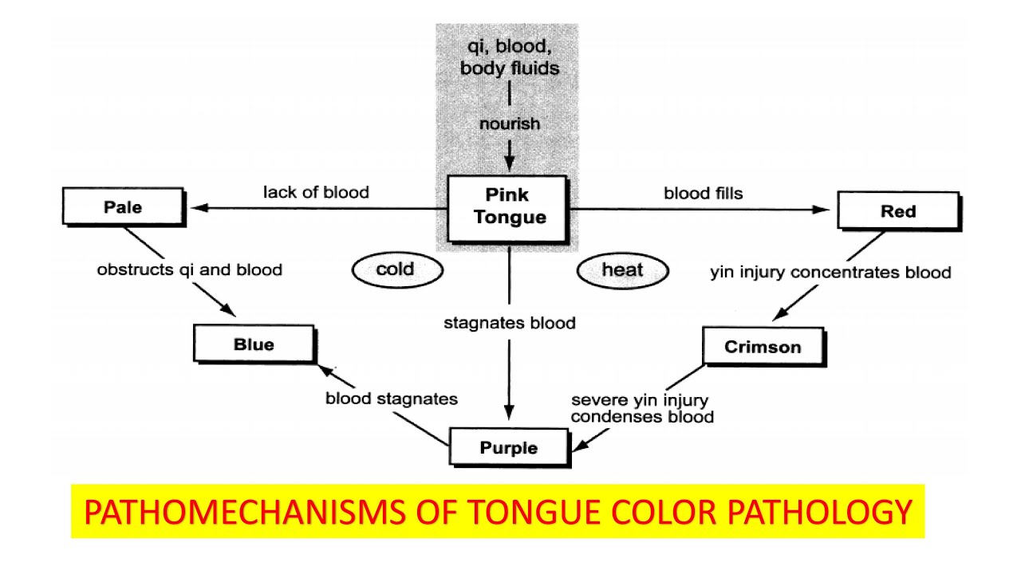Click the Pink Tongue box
click(510, 206)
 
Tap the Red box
click(897, 212)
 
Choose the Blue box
click(254, 344)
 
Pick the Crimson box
click(762, 347)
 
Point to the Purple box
click(509, 447)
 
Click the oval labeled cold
click(396, 269)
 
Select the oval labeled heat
click(621, 270)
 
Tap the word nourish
click(509, 124)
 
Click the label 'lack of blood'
click(317, 192)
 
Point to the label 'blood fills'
click(704, 193)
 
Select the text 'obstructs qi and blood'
click(190, 270)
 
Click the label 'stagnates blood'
click(509, 323)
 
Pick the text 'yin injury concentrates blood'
click(830, 273)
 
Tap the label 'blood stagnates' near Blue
click(392, 398)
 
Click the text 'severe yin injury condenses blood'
click(642, 407)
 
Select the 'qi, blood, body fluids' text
click(509, 57)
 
